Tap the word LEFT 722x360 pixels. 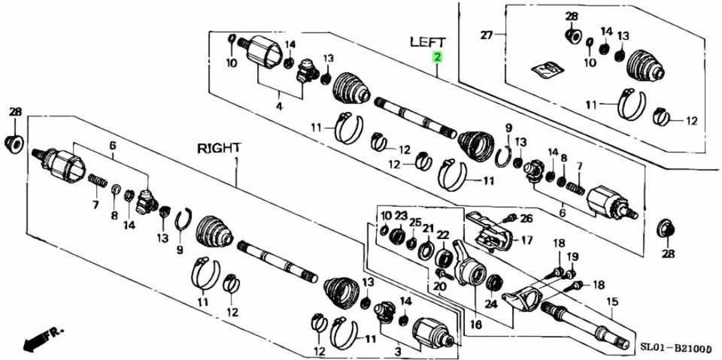point(428,42)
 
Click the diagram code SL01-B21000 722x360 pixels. point(676,347)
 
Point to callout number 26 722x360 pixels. point(526,219)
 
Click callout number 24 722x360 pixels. point(492,305)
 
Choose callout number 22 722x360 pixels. point(442,234)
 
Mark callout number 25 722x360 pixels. point(414,222)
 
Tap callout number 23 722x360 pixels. point(401,215)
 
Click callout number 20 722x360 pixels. point(440,286)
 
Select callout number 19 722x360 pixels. point(574,256)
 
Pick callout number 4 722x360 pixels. point(279,107)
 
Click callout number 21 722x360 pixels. point(428,228)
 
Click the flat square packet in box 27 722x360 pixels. point(548,70)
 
